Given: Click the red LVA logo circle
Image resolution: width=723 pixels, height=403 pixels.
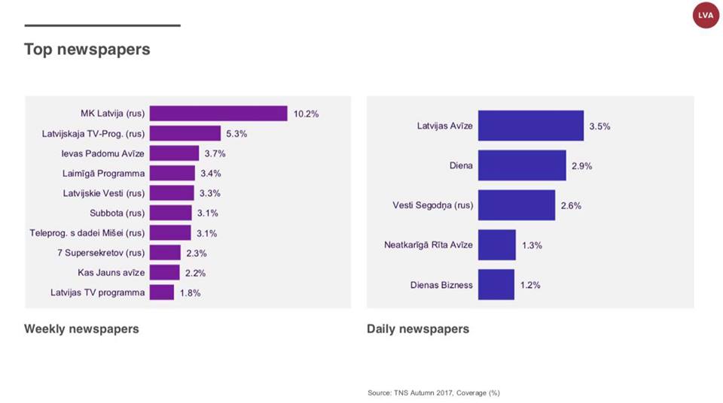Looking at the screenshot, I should click(706, 15).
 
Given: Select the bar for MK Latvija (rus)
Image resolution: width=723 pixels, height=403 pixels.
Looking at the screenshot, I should click(218, 114).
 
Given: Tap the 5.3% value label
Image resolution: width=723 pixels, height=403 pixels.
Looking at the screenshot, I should click(236, 134).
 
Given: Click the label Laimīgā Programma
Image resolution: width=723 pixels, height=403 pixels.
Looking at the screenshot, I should click(103, 173).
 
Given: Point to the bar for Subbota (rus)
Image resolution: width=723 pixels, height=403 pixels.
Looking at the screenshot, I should click(171, 213).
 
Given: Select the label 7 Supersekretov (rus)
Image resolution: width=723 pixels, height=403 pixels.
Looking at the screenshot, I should click(100, 253).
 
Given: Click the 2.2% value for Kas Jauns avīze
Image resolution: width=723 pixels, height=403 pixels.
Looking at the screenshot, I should click(195, 273).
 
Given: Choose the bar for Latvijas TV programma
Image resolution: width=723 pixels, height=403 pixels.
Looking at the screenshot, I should click(162, 292).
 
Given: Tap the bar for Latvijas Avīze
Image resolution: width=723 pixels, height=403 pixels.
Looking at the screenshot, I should click(530, 126).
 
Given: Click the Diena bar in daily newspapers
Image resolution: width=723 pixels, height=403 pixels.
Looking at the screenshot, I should click(522, 165).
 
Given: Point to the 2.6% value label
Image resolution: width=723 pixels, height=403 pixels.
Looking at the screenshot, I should click(571, 205).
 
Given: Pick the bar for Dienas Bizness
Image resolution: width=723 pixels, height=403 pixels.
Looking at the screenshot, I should click(496, 285).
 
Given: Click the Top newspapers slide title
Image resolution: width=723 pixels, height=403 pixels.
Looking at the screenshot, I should click(87, 50).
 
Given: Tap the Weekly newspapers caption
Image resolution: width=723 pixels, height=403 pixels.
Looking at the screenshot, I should click(81, 329).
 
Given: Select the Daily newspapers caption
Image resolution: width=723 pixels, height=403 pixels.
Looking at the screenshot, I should click(418, 329).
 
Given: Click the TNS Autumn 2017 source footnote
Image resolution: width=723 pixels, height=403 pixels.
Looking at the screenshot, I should click(434, 392).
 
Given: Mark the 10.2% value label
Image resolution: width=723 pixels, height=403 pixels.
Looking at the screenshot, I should click(307, 114).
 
